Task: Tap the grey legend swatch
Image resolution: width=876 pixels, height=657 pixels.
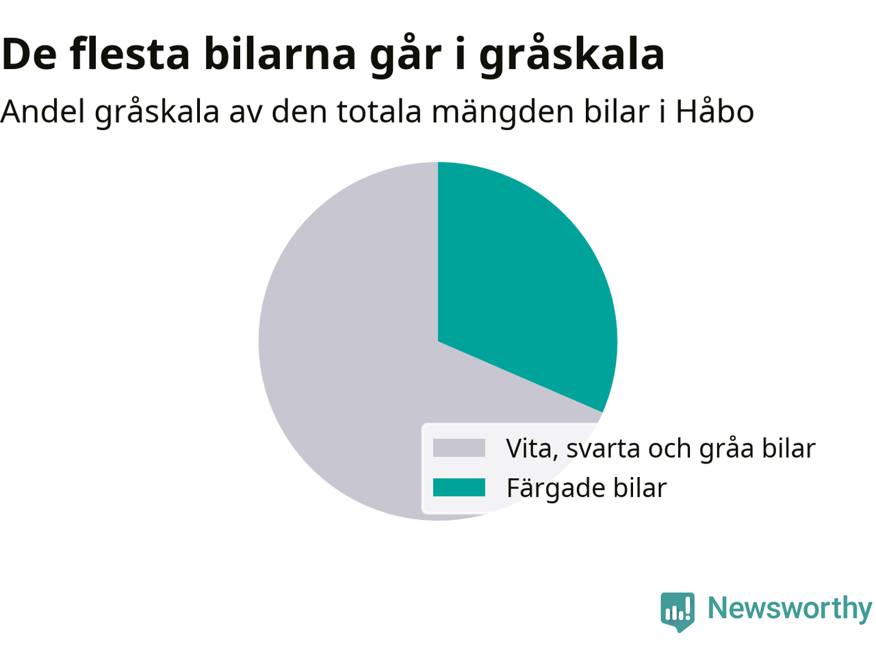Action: pos(459,448)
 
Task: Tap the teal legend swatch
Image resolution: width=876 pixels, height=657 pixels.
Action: pos(459,487)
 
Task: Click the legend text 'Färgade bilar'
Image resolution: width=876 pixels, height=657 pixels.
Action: pos(587,487)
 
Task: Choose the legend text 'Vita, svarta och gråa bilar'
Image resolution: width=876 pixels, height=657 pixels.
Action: pos(661,448)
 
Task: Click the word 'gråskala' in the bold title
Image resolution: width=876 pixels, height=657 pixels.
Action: pos(572,55)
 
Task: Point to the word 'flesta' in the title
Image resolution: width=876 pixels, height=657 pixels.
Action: pos(129,54)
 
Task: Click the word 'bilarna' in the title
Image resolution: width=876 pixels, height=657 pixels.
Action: pos(280,54)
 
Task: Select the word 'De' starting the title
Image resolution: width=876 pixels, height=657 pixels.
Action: pos(29,55)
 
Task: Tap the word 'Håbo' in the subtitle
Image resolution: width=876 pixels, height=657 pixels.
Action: pos(714,111)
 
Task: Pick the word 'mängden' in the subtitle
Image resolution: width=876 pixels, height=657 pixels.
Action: pos(503,112)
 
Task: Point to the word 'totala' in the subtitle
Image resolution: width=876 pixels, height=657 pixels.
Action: pos(379,111)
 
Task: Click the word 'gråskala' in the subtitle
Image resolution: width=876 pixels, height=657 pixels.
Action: pos(157,112)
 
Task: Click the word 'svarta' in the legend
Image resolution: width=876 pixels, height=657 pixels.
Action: pos(603,449)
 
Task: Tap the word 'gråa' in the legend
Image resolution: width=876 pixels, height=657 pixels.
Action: pos(727,450)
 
